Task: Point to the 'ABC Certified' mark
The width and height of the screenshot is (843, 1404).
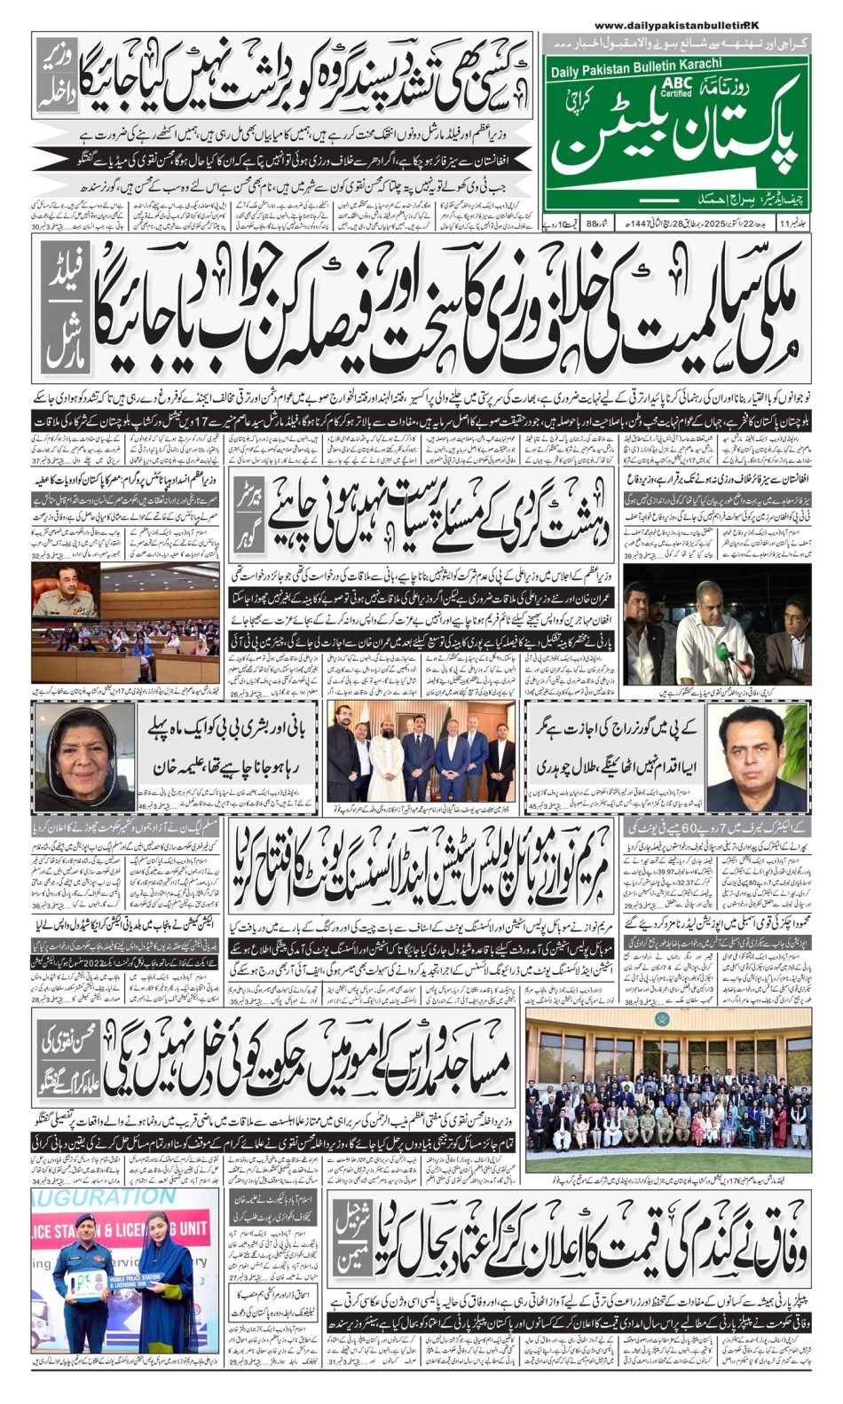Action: (x=675, y=87)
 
